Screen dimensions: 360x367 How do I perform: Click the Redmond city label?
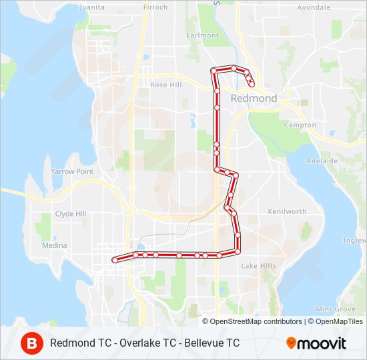(x=254, y=98)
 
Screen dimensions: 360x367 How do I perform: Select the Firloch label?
(x=155, y=7)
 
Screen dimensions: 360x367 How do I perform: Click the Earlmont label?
(x=203, y=35)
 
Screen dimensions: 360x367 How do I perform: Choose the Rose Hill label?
(x=166, y=85)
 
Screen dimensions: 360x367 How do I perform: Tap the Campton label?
(x=300, y=125)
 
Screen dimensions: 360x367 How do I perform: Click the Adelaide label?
(x=322, y=161)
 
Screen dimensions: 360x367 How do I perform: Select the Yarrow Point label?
(x=72, y=171)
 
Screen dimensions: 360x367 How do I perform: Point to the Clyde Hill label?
(x=71, y=214)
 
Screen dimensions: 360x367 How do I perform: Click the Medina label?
(x=55, y=245)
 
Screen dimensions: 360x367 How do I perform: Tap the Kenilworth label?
(x=286, y=212)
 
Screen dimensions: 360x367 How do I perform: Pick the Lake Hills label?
(x=258, y=266)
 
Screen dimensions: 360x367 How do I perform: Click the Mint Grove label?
(x=335, y=309)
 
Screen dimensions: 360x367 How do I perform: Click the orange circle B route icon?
(x=31, y=343)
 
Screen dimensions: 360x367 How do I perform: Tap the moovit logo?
(x=316, y=343)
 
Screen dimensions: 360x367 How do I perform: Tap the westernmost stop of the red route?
(x=115, y=260)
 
